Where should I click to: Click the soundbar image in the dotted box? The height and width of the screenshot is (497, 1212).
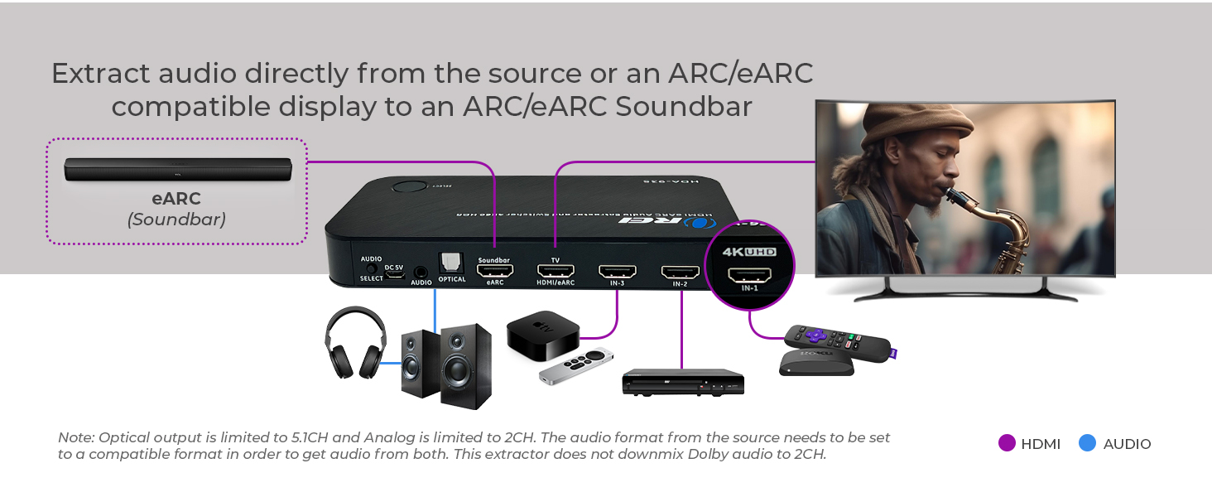[178, 169]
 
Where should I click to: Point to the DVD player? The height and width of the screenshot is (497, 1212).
[683, 382]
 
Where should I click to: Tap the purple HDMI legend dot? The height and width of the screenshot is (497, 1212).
[1007, 443]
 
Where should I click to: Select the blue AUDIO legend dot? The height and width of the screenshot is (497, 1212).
[1088, 443]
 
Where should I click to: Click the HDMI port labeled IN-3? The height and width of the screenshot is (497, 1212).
[618, 271]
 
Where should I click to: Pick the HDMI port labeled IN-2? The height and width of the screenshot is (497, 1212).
[680, 272]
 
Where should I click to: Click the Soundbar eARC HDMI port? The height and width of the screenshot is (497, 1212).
[495, 270]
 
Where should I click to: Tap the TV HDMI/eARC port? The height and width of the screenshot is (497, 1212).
[555, 270]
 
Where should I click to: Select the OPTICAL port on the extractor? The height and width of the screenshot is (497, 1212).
[452, 263]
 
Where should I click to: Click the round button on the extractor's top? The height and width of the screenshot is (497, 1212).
[407, 186]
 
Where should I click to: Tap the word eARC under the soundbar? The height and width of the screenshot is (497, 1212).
[176, 199]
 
